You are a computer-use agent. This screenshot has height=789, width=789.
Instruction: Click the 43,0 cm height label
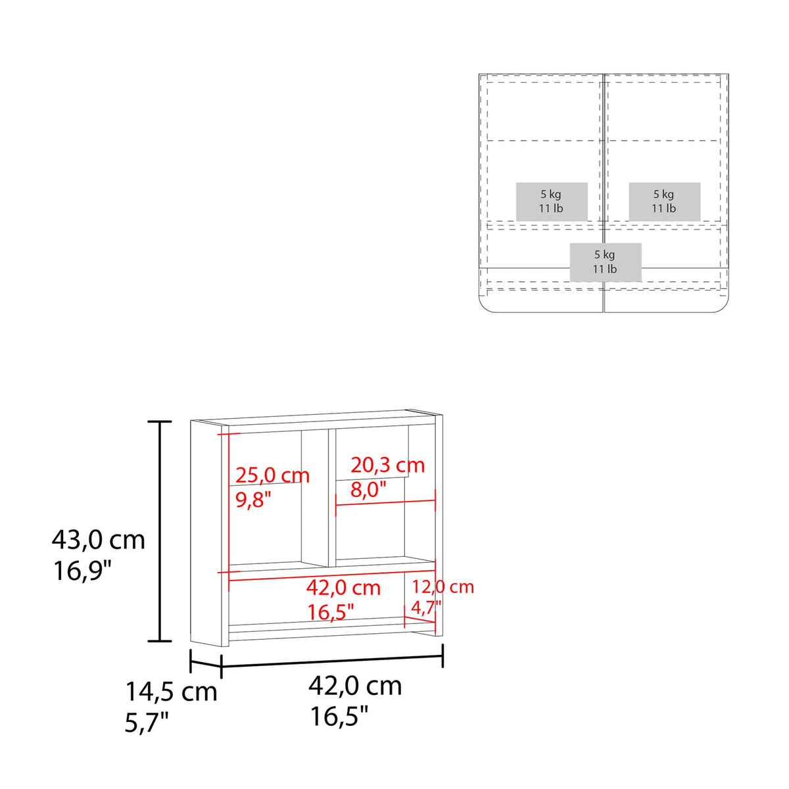[x=98, y=540]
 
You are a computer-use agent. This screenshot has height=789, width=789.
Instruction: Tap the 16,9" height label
[x=82, y=571]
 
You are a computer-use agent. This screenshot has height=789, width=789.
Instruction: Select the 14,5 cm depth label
[x=171, y=692]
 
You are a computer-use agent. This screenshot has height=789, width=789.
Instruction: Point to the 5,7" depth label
[x=147, y=723]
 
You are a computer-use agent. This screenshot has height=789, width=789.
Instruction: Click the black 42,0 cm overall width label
[x=355, y=686]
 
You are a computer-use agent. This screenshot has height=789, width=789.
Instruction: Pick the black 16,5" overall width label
[x=339, y=717]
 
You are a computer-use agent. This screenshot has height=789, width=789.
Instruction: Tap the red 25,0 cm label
[x=272, y=475]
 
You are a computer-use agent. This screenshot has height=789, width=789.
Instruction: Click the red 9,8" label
[x=253, y=500]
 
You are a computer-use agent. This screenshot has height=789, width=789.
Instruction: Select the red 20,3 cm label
[x=387, y=465]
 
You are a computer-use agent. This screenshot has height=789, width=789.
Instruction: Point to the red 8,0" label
[x=368, y=489]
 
